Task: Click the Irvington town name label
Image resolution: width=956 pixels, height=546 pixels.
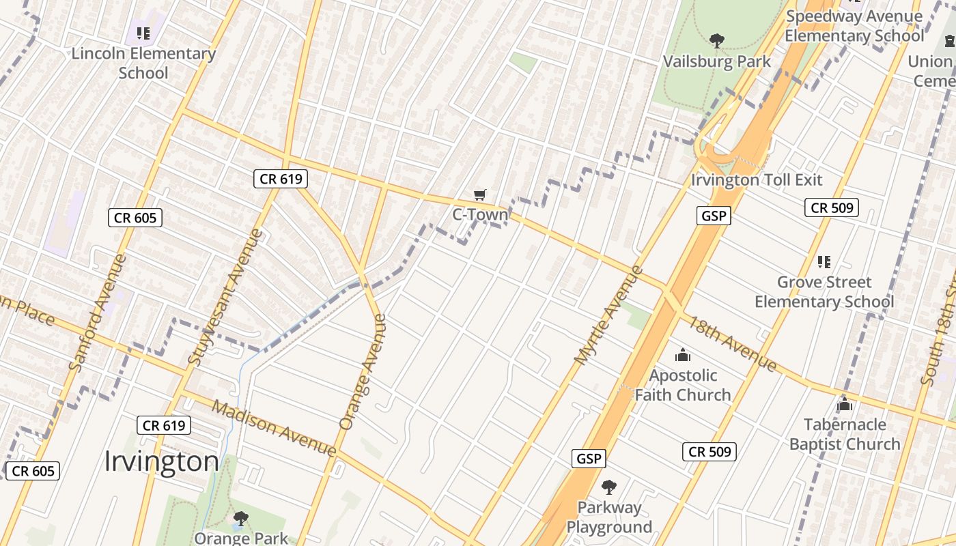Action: click(x=161, y=462)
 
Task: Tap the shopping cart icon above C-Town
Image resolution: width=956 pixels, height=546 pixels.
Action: click(x=480, y=195)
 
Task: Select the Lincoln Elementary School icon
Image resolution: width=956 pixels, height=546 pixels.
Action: click(x=143, y=33)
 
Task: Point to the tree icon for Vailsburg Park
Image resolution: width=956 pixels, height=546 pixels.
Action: click(x=716, y=41)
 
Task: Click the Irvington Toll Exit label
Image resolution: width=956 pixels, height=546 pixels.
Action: click(x=757, y=180)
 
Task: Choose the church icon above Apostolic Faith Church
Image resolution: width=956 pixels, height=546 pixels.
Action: click(x=682, y=355)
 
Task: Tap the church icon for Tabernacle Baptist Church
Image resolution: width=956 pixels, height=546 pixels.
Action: click(x=845, y=404)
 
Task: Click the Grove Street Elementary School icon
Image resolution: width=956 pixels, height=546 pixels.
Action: click(x=824, y=261)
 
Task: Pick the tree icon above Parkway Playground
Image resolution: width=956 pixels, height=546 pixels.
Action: click(x=608, y=487)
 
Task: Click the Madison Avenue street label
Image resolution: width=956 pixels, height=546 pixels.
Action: click(x=274, y=428)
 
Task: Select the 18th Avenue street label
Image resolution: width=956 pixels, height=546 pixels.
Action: click(x=732, y=344)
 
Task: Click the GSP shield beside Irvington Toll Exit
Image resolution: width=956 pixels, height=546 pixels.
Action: click(x=714, y=216)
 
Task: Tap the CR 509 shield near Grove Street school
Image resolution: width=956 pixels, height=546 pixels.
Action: click(x=831, y=207)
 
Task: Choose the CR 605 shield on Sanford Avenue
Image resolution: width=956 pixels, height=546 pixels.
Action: click(x=135, y=218)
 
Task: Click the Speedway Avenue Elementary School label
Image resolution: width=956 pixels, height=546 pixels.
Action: click(x=854, y=26)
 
